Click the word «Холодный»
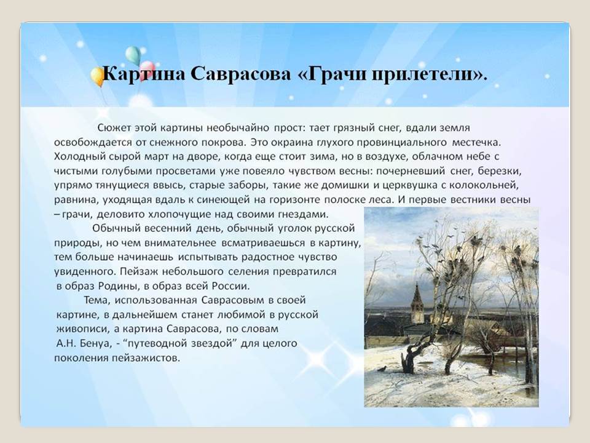tap(79, 156)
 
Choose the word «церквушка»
tap(419, 185)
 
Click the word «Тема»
tap(97, 300)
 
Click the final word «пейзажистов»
tap(146, 358)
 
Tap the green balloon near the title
tap(133, 55)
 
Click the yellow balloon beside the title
tap(98, 76)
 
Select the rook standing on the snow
tap(383, 369)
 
